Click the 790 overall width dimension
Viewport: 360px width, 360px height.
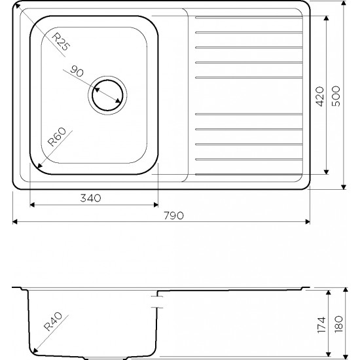click(x=174, y=215)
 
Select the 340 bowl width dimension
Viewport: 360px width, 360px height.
click(x=90, y=198)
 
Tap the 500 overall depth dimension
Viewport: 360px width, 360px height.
click(x=336, y=96)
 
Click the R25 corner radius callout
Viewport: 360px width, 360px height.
click(x=60, y=41)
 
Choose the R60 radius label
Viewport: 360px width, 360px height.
click(x=57, y=137)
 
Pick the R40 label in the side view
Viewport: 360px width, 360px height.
click(x=53, y=321)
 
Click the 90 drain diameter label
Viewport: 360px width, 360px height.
click(x=77, y=71)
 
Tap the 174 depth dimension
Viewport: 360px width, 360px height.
click(x=321, y=325)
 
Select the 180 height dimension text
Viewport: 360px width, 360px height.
click(x=339, y=324)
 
